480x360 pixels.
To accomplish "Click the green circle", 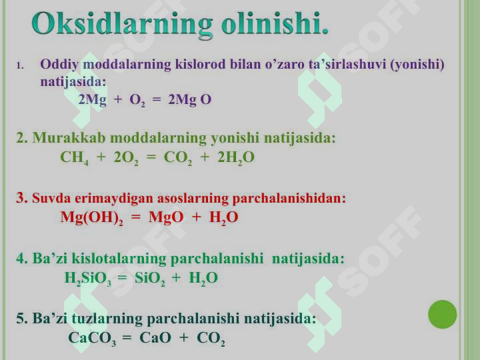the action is [x=443, y=315].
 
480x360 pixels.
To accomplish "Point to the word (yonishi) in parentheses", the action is [x=417, y=65].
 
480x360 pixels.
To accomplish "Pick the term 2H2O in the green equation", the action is [x=236, y=157].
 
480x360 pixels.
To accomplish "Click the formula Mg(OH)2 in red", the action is [x=91, y=218].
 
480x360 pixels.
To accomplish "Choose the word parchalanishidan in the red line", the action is [x=289, y=199].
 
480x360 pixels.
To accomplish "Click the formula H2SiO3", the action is [x=87, y=279].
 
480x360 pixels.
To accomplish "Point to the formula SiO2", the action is [x=150, y=279].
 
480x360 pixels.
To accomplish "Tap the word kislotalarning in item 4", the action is [x=119, y=259].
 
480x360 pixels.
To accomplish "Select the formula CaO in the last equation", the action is [x=155, y=338].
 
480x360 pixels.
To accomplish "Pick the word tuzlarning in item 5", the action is [x=107, y=319].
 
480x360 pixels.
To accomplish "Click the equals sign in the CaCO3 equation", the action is [x=127, y=337].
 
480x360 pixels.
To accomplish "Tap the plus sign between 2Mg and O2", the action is [x=118, y=99].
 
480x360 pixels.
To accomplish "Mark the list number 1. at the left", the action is [x=20, y=65].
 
